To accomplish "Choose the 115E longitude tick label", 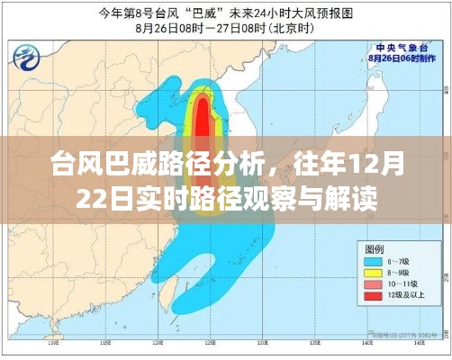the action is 104,344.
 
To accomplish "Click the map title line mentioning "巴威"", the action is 225,12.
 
